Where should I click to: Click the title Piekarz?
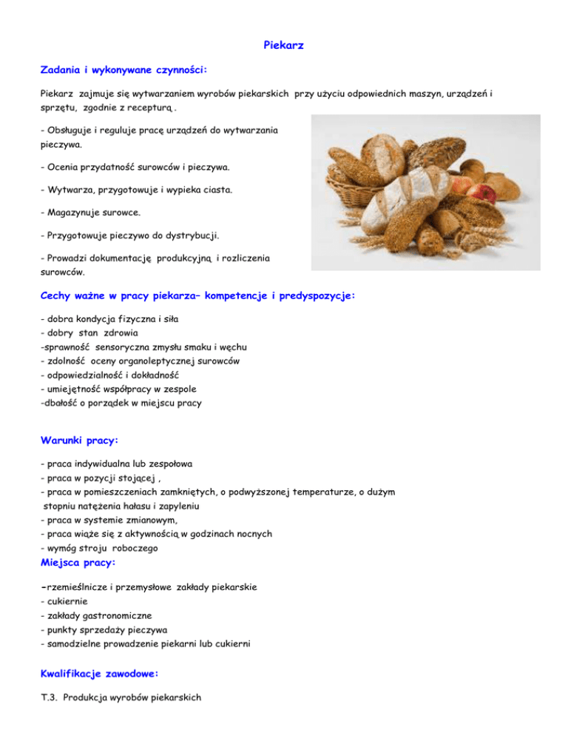[284, 46]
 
